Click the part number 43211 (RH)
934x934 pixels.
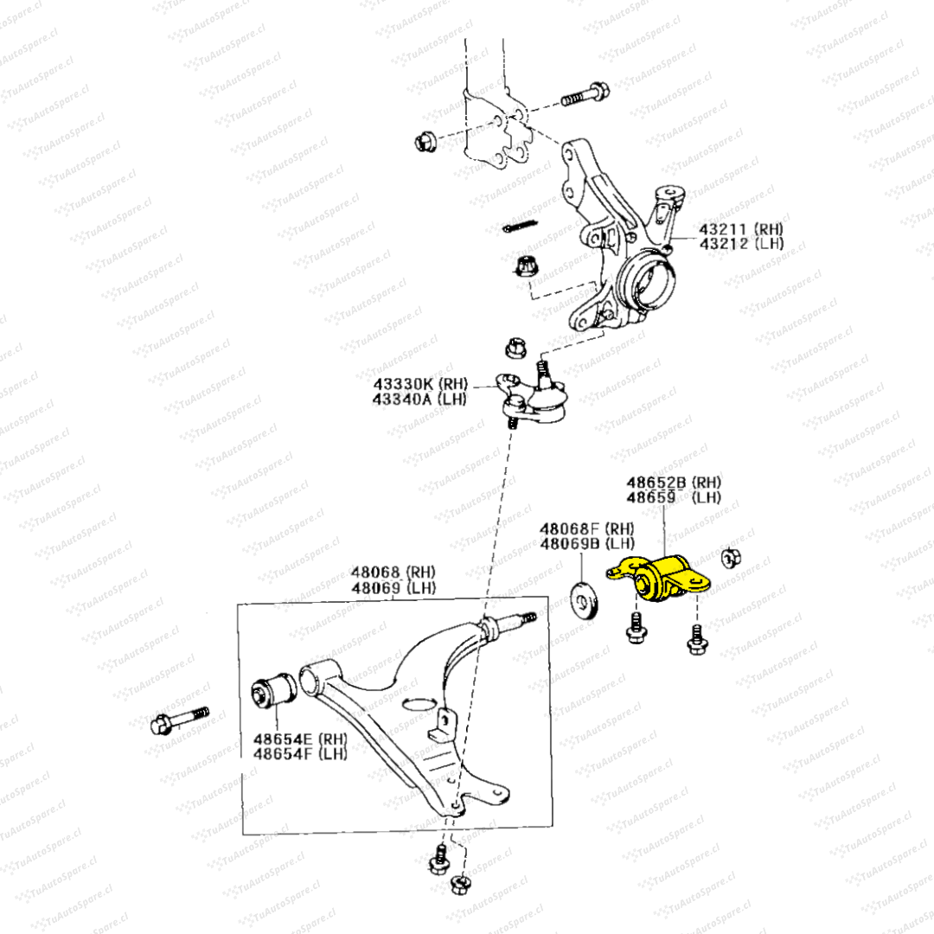pos(740,229)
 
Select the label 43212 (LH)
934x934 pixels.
pos(740,245)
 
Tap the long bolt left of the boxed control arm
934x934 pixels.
pos(179,720)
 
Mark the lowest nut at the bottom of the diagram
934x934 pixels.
pos(460,884)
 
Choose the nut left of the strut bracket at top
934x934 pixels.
pos(425,139)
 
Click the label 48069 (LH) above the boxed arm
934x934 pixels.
pos(393,588)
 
